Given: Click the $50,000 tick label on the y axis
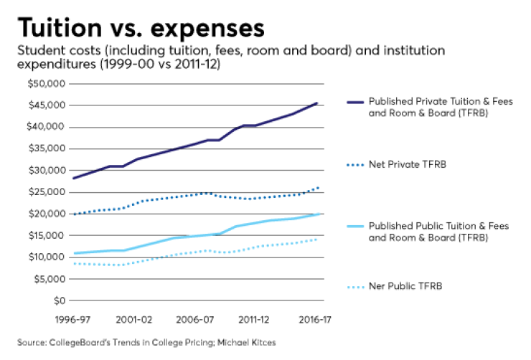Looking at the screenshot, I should point(45,84).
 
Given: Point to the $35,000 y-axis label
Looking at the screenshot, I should point(45,149).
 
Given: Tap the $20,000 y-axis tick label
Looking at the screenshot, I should point(45,214).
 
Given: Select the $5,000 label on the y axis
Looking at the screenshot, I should point(47,279).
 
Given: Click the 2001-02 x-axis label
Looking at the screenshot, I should point(134,318).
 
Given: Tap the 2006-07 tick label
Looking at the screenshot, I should point(195,318).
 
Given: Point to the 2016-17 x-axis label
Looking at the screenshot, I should point(315,318).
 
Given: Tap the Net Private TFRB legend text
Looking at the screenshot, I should point(407,164).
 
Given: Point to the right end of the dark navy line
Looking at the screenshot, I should point(316,103).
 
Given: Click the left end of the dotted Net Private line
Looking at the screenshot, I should point(74,214).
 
